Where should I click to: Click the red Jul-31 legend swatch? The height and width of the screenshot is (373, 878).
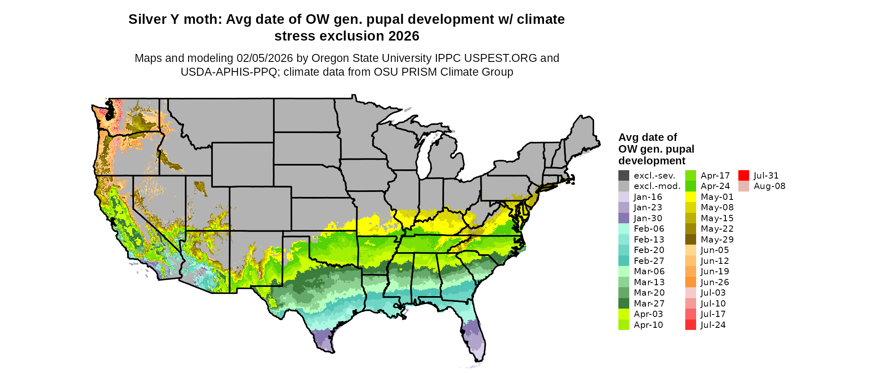pyautogui.click(x=743, y=176)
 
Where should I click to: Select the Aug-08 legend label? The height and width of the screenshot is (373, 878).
pyautogui.click(x=769, y=186)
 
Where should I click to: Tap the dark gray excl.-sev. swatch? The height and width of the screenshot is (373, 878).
pyautogui.click(x=624, y=176)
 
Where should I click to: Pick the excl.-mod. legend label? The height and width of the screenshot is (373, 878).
pyautogui.click(x=657, y=186)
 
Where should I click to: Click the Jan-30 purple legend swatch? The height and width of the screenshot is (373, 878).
pyautogui.click(x=624, y=218)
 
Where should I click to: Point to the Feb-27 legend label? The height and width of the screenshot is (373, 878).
pyautogui.click(x=649, y=261)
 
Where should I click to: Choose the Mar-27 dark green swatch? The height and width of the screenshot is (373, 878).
pyautogui.click(x=624, y=304)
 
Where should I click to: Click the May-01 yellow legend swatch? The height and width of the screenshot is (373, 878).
pyautogui.click(x=691, y=197)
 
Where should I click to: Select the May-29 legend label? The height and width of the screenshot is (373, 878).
pyautogui.click(x=717, y=240)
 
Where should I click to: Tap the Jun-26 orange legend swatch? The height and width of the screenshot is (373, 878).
pyautogui.click(x=691, y=282)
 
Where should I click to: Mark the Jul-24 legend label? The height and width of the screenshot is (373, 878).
pyautogui.click(x=713, y=325)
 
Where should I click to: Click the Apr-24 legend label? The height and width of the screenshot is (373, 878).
pyautogui.click(x=715, y=186)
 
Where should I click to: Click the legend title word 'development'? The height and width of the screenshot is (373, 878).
pyautogui.click(x=651, y=161)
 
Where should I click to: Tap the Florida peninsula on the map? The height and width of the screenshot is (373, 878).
pyautogui.click(x=475, y=337)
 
